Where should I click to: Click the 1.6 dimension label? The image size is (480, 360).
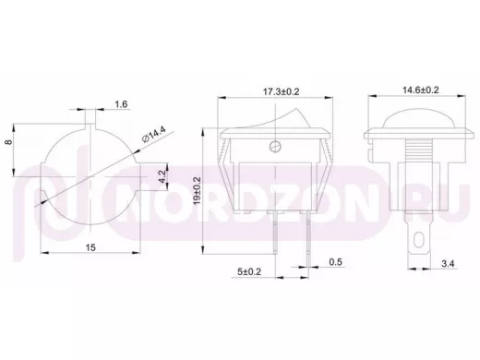pos(121,104)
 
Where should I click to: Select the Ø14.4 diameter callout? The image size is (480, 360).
pos(154,134)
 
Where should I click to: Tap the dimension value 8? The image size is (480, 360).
pos(9,142)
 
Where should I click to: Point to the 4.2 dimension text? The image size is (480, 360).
pos(162,177)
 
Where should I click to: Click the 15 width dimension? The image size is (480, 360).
pos(90,247)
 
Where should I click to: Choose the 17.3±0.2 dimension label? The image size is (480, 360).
pos(281,91)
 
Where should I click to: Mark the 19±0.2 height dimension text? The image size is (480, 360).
pos(197,191)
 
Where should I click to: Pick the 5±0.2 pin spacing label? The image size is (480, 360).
pos(249,271)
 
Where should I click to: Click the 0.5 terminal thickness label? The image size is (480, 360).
pos(335,262)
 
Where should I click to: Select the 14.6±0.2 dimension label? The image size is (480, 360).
pos(421,90)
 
